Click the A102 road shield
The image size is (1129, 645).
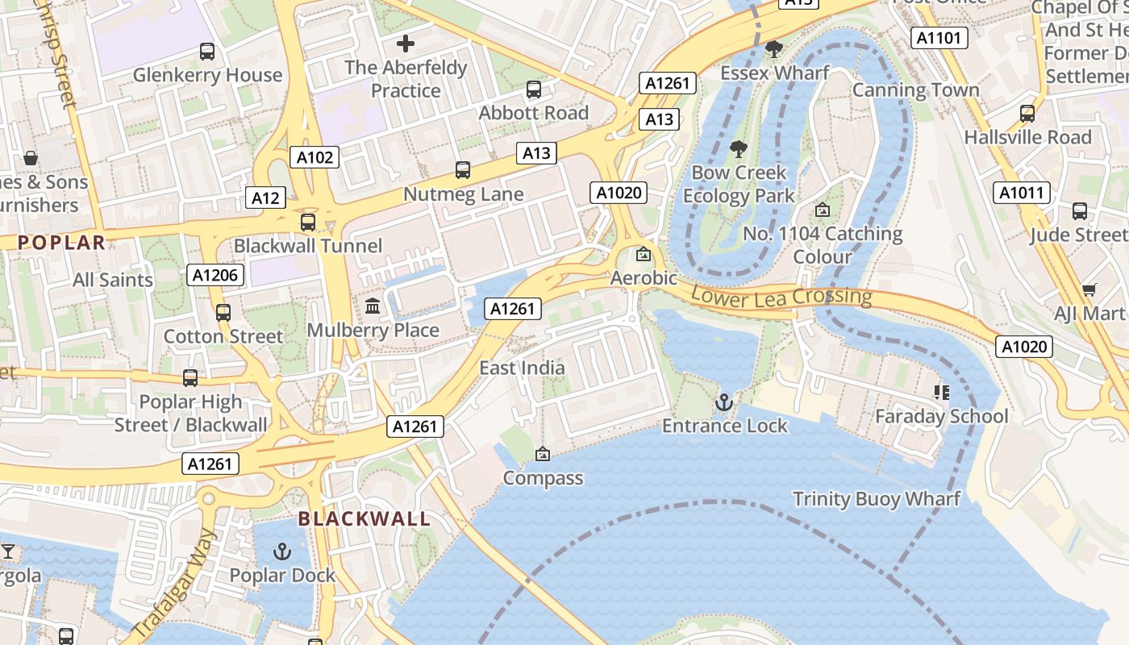315,157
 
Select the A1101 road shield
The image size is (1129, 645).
939,38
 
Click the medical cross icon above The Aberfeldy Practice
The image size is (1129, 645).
406,44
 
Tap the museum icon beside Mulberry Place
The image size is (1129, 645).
373,306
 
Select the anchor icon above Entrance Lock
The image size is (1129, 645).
724,402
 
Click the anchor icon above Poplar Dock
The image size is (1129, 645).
281,551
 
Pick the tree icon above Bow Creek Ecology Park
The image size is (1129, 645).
738,149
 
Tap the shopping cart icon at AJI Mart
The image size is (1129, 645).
1089,289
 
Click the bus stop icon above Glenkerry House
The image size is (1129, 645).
207,52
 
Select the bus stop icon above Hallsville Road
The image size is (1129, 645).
1027,114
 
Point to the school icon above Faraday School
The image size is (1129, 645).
940,393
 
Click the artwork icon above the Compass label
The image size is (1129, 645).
543,455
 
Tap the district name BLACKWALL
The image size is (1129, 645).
365,518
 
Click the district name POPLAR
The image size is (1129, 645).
62,242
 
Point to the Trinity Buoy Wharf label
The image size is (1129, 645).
877,499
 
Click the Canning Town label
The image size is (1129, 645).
915,90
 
